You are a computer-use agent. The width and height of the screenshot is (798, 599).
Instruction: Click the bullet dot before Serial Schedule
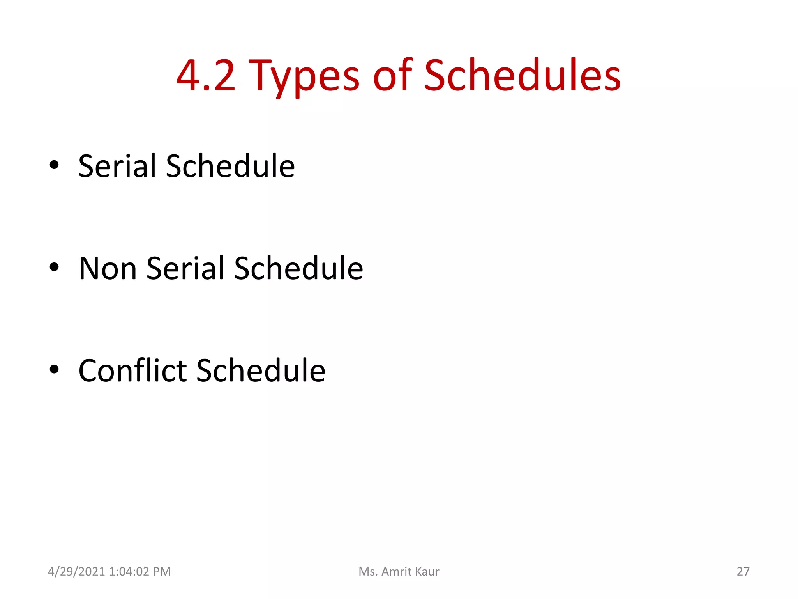(x=54, y=165)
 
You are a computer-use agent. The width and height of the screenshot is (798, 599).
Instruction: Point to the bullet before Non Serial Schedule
(x=54, y=268)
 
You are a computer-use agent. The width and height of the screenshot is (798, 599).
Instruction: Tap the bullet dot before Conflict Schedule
(x=54, y=369)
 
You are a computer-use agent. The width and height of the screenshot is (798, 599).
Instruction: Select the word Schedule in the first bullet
(x=230, y=166)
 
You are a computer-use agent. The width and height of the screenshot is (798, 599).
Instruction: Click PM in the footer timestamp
(x=162, y=572)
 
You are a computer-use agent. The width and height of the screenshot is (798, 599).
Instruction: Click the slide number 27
(x=743, y=572)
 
